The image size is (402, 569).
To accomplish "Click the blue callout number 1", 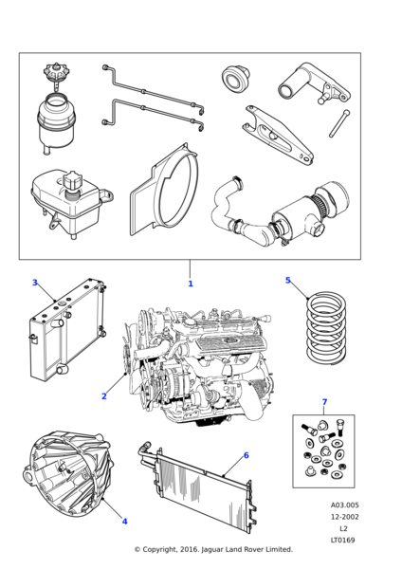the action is (x=191, y=284).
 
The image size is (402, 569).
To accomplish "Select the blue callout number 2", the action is (x=104, y=396).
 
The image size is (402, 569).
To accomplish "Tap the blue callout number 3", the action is (x=35, y=283).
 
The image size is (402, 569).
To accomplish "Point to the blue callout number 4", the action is (x=124, y=522).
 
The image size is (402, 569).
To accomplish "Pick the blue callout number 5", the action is (x=288, y=280).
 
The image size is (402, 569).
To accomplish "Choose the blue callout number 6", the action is (x=247, y=455).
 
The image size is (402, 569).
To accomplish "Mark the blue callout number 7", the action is (x=324, y=402).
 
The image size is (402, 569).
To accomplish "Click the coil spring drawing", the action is (x=326, y=327).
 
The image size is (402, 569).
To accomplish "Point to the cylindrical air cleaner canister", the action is (x=308, y=214).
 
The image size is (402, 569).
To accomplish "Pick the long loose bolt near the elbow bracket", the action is (x=339, y=123).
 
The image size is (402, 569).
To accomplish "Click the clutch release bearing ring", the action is (x=236, y=78).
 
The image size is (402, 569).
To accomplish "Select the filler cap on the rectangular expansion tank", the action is (x=73, y=182).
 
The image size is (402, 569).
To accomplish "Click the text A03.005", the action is (x=344, y=505).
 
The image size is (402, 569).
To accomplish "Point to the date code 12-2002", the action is (x=344, y=517).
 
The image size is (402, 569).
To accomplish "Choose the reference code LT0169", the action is (x=343, y=540).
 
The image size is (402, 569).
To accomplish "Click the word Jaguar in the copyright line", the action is (x=212, y=550).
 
